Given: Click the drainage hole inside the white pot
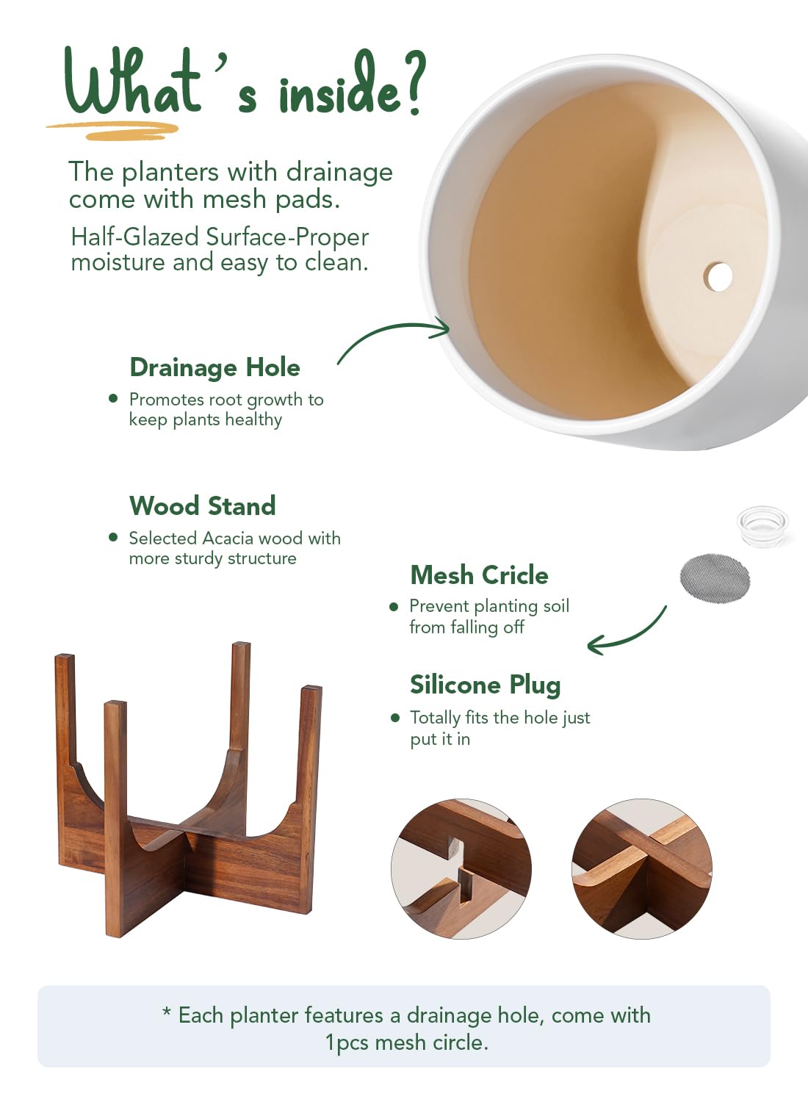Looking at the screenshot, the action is pos(718,276).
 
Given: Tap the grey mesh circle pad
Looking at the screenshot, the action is pos(715,577).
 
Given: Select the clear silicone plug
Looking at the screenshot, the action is pos(762,526).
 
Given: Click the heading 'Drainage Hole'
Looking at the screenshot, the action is pos(215,368).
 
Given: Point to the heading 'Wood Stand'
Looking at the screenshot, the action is pos(202,505).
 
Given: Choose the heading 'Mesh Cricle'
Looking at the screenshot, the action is pos(480,575).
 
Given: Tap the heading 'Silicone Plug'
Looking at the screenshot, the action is pos(486,685).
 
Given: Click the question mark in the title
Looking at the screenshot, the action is pos(412,82).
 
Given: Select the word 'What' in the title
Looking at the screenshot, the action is pos(132,81).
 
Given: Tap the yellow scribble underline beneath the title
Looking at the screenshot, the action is pos(113,130).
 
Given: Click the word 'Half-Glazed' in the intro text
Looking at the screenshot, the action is pos(134,237).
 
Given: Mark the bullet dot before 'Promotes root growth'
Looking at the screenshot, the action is pos(113,398).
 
